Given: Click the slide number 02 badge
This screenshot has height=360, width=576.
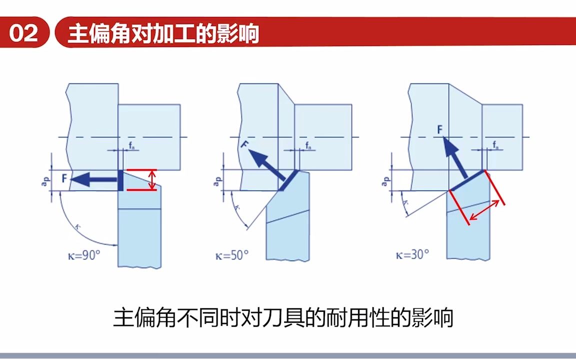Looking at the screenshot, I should tap(23, 33).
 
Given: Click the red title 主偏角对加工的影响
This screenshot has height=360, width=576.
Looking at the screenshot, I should tap(163, 34).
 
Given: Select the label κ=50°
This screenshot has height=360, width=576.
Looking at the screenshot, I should tap(231, 255).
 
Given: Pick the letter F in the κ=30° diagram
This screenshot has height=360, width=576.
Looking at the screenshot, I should tap(439, 129).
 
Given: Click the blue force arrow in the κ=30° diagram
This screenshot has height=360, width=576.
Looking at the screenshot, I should tap(455, 157).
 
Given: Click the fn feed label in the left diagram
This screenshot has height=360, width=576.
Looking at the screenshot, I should tap(130, 146).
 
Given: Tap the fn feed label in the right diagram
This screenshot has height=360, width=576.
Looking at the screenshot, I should tap(495, 145).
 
